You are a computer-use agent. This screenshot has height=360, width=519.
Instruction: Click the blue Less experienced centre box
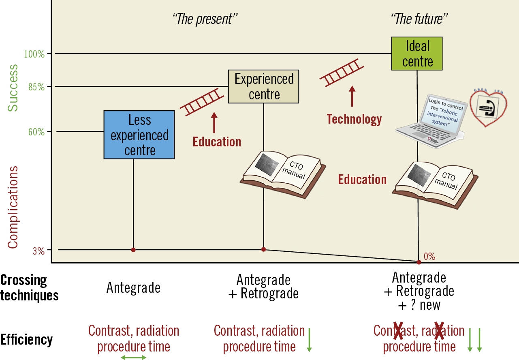point(139,135)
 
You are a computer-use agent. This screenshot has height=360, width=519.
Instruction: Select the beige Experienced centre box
point(264,86)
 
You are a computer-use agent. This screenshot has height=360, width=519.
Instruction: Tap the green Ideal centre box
point(417,54)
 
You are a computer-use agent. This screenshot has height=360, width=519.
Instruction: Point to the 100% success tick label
point(34,54)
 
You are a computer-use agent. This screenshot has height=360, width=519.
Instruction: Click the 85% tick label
point(36,87)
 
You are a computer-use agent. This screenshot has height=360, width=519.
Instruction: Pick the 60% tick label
point(36,132)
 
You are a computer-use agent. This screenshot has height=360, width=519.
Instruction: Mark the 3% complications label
point(38,251)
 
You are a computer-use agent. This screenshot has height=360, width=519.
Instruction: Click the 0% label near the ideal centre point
point(429,256)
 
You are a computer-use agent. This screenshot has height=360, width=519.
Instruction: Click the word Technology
point(354,119)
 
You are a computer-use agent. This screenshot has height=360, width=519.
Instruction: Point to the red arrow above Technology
point(352,96)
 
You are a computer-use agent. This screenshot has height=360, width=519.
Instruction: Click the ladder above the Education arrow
point(202,102)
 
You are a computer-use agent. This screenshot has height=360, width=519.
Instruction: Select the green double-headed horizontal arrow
point(134,357)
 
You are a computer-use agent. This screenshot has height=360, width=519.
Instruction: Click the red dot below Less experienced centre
point(133,250)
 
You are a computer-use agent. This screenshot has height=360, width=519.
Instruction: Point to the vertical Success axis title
point(13,87)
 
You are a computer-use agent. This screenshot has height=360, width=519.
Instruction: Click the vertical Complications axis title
point(13,207)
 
